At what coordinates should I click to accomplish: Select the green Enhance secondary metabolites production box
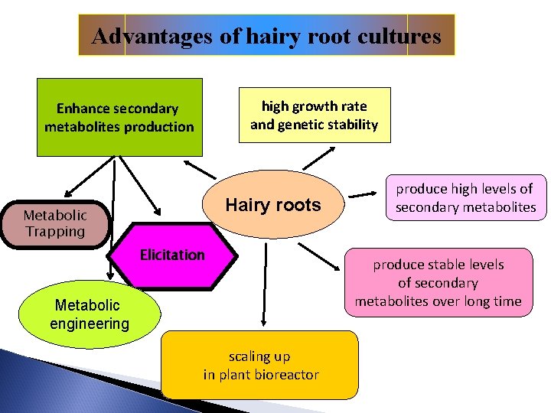tap(119, 117)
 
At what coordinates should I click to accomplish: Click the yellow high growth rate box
tap(315, 115)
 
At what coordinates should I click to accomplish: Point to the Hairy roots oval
tap(273, 205)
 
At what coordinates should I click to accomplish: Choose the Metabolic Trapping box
tap(55, 223)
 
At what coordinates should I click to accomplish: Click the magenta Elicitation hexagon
tap(172, 255)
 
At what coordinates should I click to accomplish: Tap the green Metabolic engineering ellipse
tap(90, 314)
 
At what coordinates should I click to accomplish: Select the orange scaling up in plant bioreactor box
tap(260, 365)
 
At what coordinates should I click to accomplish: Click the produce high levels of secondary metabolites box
tap(465, 197)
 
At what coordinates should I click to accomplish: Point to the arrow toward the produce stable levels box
tap(320, 257)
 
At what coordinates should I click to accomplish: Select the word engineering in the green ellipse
tap(90, 324)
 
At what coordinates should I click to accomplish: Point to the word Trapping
tap(55, 232)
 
